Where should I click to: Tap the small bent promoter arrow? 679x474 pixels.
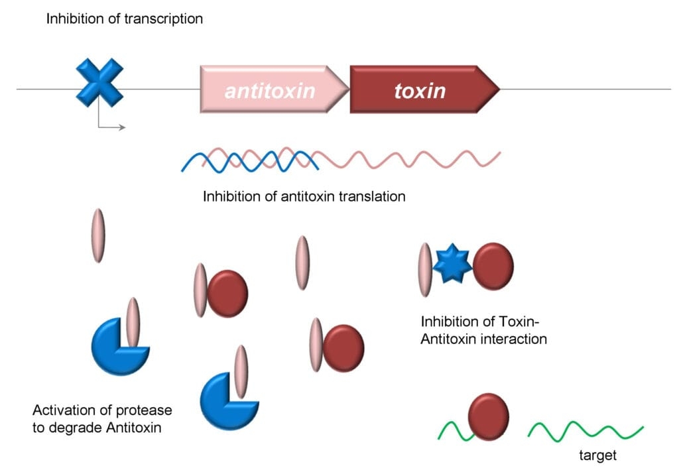point(109,123)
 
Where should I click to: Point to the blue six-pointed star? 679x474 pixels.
point(452,264)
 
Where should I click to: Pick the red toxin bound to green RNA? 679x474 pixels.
point(489,417)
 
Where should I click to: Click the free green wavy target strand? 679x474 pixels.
point(585,432)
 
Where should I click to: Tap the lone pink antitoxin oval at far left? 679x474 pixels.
point(98,235)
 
